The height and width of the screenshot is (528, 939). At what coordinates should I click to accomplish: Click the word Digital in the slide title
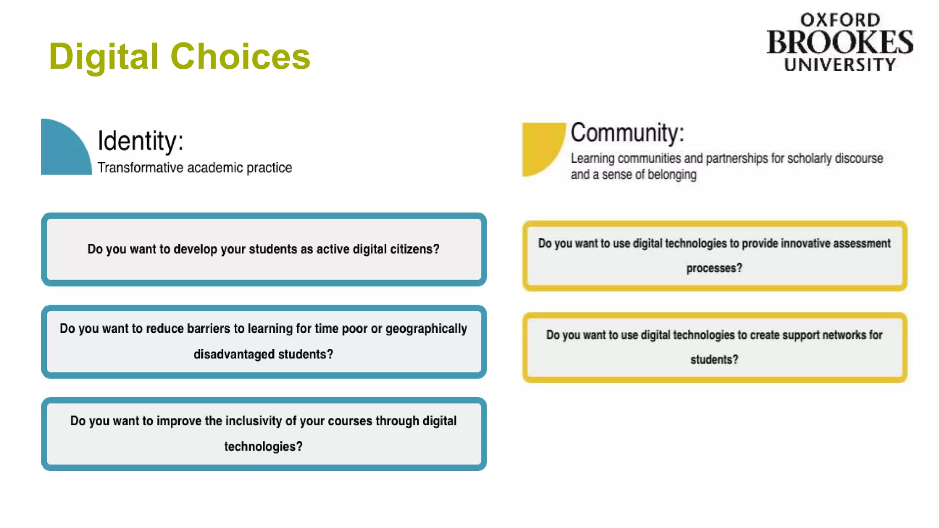point(104,56)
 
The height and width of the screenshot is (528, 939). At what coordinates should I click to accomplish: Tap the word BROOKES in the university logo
point(840,43)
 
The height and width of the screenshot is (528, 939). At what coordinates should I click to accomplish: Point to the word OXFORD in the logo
point(840,20)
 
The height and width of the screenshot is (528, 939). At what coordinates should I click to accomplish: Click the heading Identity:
point(140,140)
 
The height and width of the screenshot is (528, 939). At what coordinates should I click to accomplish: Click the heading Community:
point(627,133)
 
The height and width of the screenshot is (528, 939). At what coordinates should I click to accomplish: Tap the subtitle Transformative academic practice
point(194,168)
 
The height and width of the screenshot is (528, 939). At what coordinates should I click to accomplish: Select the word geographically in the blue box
point(426,329)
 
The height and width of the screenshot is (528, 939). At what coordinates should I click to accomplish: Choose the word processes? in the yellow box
point(714,268)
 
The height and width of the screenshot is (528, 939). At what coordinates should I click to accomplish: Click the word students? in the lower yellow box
point(714,360)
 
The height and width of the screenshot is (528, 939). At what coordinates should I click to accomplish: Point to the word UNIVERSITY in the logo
point(840,65)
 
